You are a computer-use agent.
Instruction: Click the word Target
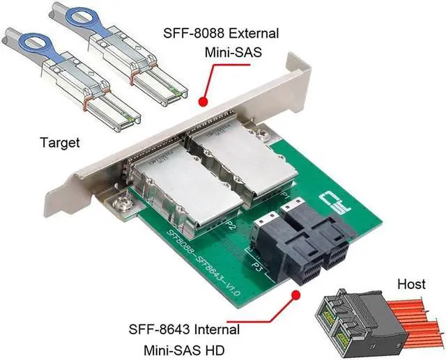(x=59, y=142)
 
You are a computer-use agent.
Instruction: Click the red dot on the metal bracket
(x=203, y=102)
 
